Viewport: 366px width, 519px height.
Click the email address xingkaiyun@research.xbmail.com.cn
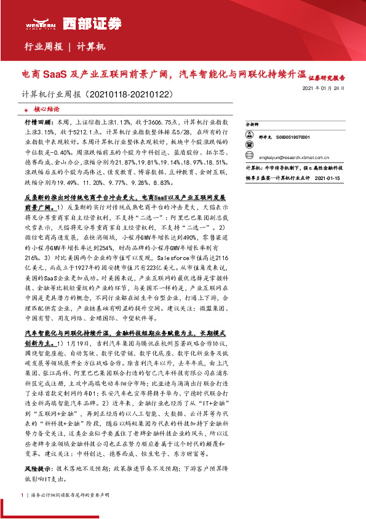click(x=295, y=157)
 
